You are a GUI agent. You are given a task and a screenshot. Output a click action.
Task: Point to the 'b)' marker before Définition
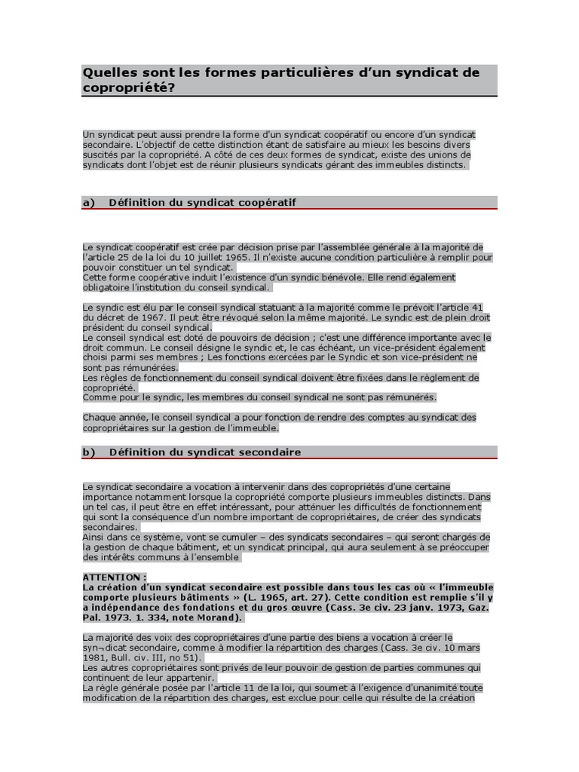(x=88, y=452)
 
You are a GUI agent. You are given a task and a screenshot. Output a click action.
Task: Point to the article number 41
(x=476, y=308)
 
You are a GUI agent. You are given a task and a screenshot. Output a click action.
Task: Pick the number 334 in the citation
(x=152, y=617)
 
